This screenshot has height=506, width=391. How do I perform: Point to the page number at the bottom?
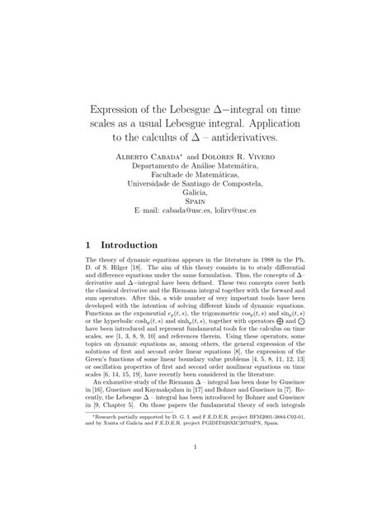[195, 472]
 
